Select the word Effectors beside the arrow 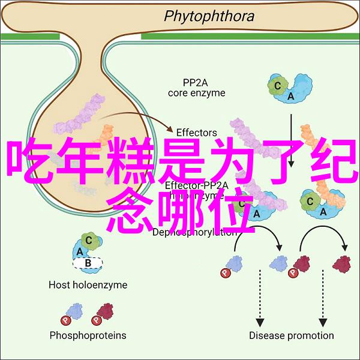(196, 132)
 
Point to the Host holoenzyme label (88, 285)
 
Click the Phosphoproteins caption (88, 335)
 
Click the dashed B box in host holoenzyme (88, 262)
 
